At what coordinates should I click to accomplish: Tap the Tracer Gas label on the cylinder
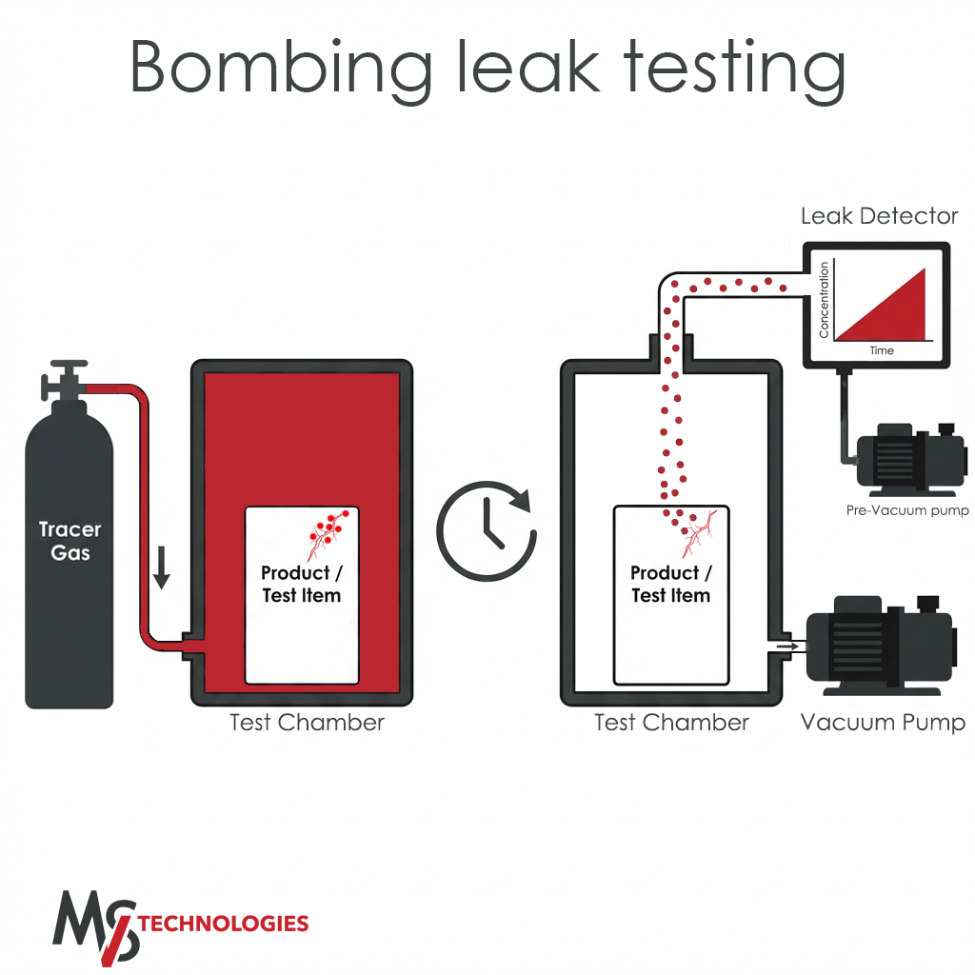[70, 541]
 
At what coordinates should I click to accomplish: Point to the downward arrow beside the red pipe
[162, 567]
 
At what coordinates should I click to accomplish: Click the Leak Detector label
[879, 216]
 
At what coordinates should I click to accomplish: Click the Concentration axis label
[824, 300]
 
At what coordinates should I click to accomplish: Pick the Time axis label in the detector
[882, 350]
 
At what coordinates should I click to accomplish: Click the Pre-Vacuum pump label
[907, 510]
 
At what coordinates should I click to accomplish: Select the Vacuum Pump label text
[883, 723]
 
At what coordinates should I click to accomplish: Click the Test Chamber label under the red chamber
[308, 723]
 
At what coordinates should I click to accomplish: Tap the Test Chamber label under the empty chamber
[671, 723]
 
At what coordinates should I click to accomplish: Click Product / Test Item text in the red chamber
[302, 584]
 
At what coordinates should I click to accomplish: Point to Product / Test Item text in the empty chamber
[671, 584]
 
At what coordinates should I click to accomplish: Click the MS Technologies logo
[180, 926]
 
